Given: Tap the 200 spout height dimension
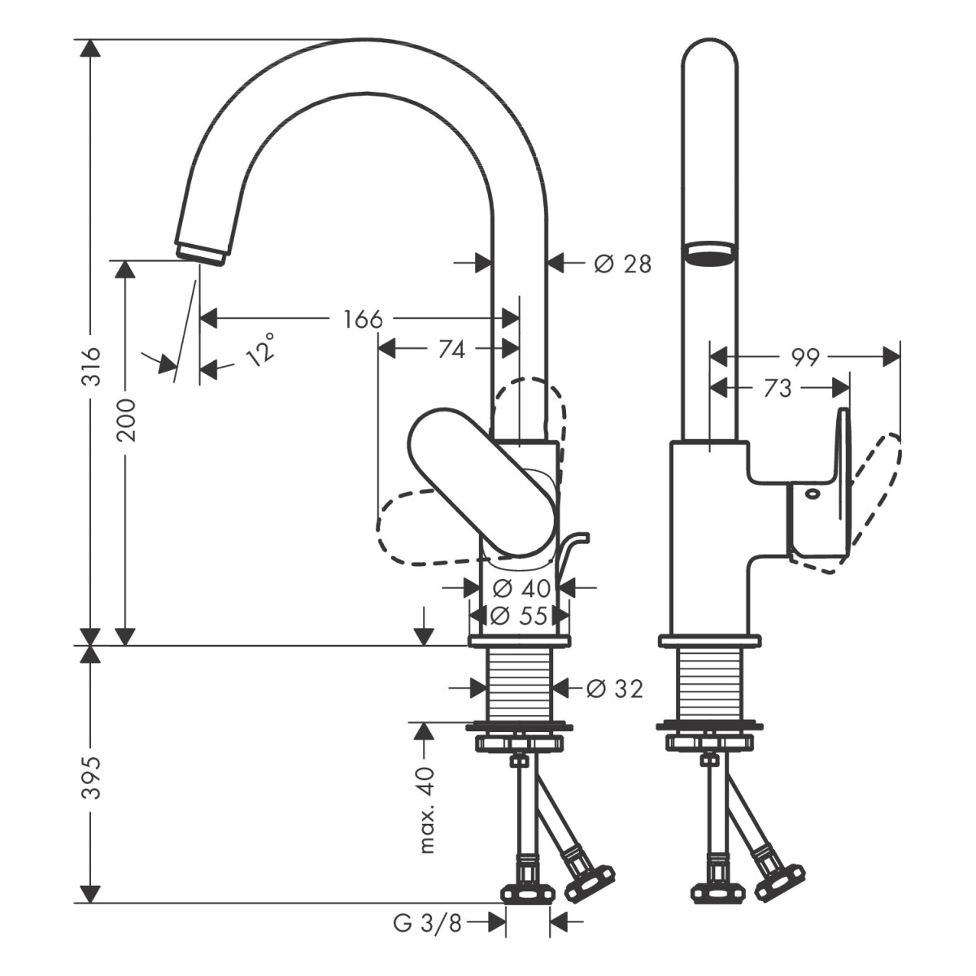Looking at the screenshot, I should click(125, 420).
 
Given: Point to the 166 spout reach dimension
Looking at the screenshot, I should click(363, 319).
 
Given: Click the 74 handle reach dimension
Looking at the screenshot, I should click(451, 349).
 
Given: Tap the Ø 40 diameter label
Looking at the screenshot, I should click(521, 587).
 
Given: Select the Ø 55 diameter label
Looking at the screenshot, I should click(521, 616).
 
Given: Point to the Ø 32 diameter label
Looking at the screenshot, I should click(615, 689).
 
